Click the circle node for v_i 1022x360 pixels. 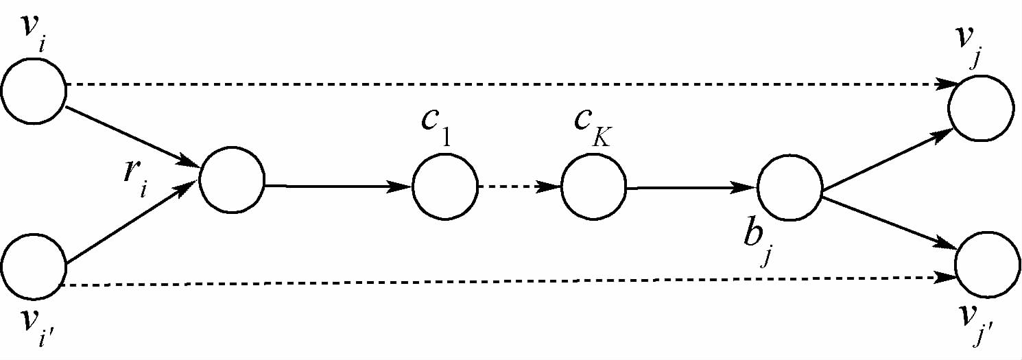coord(33,89)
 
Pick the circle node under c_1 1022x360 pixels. coord(444,187)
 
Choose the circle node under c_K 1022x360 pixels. coord(593,187)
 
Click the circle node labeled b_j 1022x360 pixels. coord(789,187)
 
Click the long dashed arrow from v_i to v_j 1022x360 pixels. coord(508,85)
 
